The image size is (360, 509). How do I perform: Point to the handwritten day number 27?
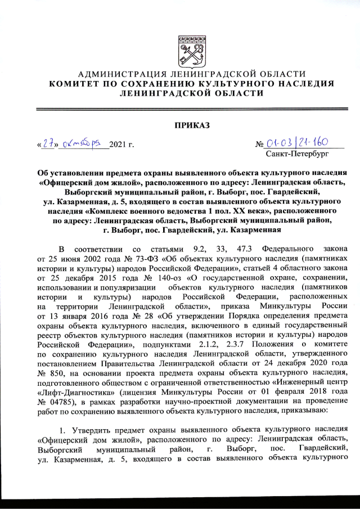tap(47, 145)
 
